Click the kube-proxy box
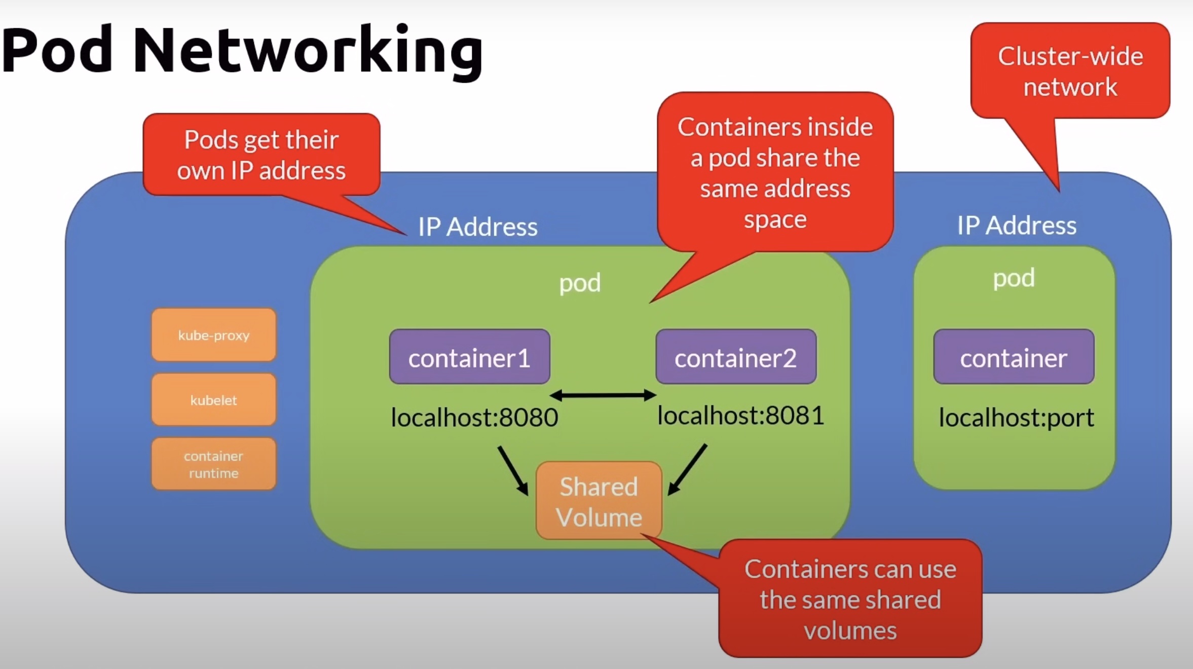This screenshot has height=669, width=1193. pyautogui.click(x=213, y=335)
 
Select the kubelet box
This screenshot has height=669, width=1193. pyautogui.click(x=213, y=400)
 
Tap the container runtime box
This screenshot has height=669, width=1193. pyautogui.click(x=213, y=464)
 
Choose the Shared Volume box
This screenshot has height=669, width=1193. pyautogui.click(x=599, y=501)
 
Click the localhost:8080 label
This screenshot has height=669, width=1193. pyautogui.click(x=474, y=418)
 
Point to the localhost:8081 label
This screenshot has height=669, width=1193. pyautogui.click(x=740, y=416)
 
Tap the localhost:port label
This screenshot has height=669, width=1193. pyautogui.click(x=1016, y=418)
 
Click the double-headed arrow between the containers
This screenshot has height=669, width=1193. pyautogui.click(x=603, y=395)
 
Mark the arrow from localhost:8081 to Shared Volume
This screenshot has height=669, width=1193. pyautogui.click(x=687, y=469)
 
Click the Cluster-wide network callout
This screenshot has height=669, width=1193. pyautogui.click(x=1070, y=71)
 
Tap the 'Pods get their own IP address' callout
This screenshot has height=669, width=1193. pyautogui.click(x=261, y=155)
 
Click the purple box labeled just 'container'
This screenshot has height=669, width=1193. pyautogui.click(x=1014, y=357)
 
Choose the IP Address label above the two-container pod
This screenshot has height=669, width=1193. pyautogui.click(x=477, y=227)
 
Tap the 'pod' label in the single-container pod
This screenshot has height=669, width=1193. pyautogui.click(x=1014, y=278)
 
